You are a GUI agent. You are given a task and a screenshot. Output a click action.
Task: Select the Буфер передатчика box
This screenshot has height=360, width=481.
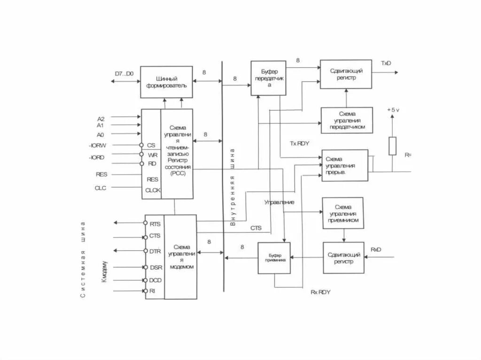268,78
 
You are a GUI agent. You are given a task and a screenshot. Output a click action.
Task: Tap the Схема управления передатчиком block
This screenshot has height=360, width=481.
347,120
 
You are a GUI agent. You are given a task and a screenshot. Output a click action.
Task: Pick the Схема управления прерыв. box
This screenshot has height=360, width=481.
345,165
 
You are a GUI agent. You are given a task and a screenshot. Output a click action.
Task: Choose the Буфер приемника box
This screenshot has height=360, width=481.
274,258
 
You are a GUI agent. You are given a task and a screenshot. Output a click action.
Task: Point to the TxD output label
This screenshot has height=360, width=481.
386,63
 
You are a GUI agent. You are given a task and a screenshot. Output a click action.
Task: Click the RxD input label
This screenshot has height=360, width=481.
376,249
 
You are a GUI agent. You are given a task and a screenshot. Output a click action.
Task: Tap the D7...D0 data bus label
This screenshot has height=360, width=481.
124,74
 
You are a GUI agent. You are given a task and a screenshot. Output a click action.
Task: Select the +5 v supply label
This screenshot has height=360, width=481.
393,109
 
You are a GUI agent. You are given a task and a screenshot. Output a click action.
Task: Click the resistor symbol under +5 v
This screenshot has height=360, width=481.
392,146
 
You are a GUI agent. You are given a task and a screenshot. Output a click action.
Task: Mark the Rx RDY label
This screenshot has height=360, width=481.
321,292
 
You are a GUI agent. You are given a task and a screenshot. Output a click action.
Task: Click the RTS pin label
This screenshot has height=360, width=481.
155,224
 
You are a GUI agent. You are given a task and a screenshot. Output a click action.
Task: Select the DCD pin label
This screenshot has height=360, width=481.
155,280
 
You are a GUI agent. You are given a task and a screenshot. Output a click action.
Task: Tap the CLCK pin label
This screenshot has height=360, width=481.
153,190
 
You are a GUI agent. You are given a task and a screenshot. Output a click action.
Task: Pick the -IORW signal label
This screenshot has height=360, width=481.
98,145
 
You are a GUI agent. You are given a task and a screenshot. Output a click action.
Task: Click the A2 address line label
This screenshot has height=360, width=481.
100,118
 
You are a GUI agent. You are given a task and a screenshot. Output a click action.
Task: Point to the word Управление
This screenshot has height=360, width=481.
279,202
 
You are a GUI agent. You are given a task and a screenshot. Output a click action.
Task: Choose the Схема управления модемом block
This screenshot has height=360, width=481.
180,256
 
